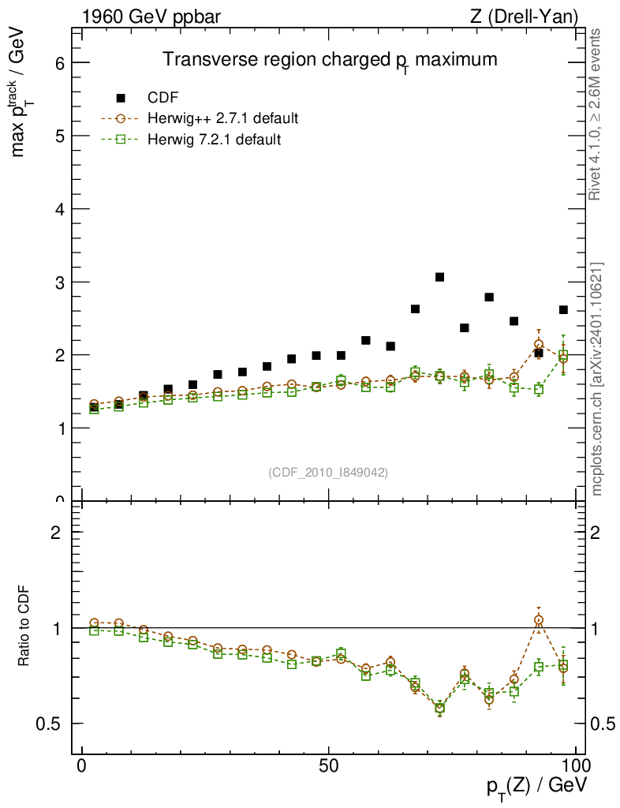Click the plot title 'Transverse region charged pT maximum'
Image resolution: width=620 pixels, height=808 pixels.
pyautogui.click(x=330, y=60)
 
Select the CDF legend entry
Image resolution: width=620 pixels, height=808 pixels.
pyautogui.click(x=163, y=98)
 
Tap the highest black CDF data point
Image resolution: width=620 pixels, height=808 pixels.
pyautogui.click(x=440, y=277)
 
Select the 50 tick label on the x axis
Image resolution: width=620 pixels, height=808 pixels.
pyautogui.click(x=329, y=768)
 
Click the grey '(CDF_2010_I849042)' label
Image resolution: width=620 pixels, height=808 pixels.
pyautogui.click(x=328, y=472)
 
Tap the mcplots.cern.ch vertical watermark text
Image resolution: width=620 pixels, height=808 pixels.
pyautogui.click(x=597, y=379)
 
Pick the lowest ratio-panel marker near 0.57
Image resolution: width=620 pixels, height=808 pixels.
pyautogui.click(x=440, y=708)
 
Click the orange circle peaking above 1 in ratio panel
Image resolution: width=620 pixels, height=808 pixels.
pyautogui.click(x=539, y=620)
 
